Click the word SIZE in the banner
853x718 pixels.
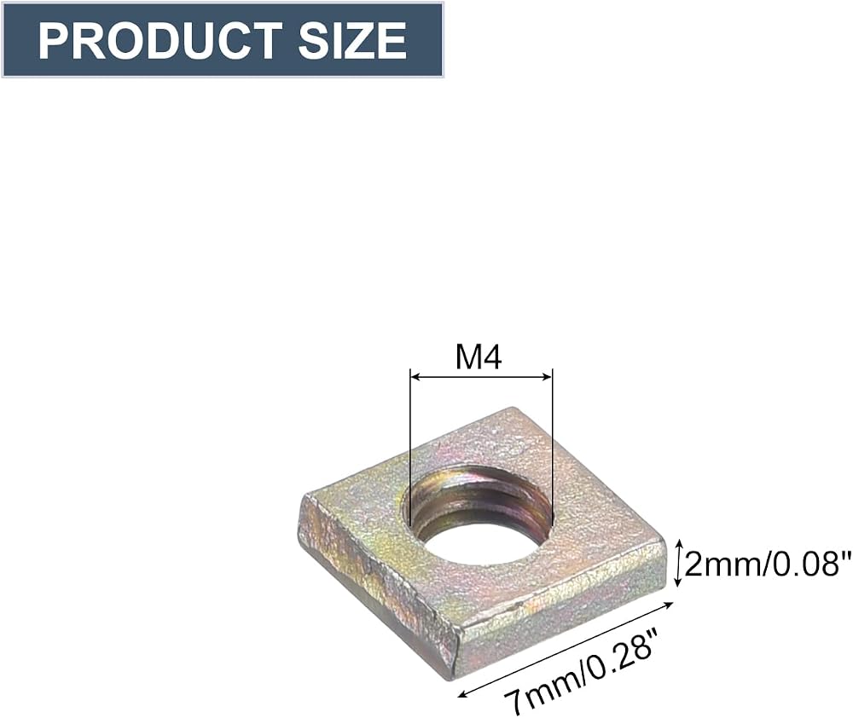tap(352, 40)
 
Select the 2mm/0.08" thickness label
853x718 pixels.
tap(767, 565)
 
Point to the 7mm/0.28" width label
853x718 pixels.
tap(579, 671)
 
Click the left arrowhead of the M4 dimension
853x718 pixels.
tap(415, 376)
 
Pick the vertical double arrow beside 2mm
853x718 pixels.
tap(678, 563)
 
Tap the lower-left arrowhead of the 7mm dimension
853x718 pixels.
tap(463, 693)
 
